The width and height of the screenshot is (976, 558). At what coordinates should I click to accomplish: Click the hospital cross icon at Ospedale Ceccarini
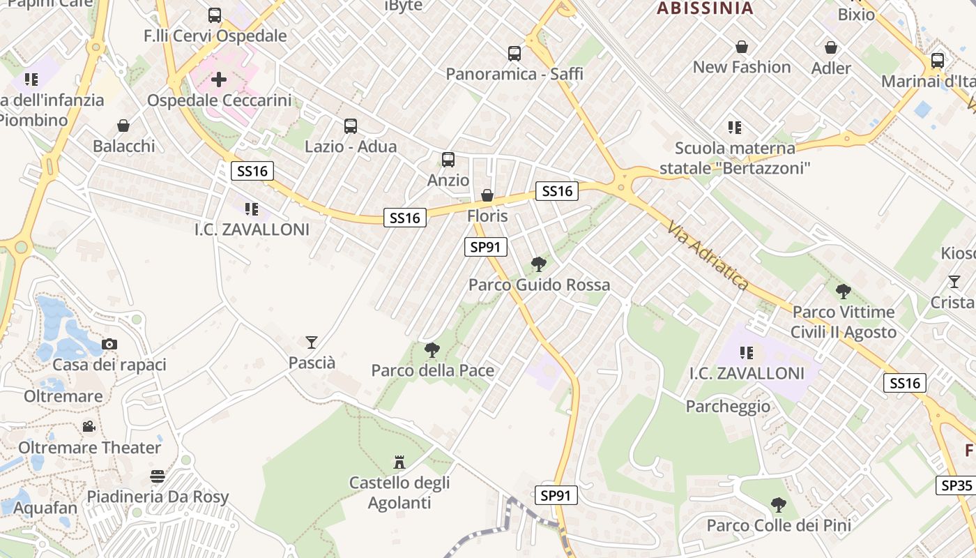(x=219, y=79)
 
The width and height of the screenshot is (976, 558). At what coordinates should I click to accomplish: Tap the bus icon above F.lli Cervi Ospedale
(x=215, y=15)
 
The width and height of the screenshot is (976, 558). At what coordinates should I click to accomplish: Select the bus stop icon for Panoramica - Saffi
(x=514, y=53)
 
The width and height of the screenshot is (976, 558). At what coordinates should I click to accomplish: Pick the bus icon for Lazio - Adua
(x=351, y=126)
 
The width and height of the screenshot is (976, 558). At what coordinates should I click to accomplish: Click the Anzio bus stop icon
(x=448, y=160)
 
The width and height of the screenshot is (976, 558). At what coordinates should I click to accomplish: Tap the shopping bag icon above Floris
(x=487, y=195)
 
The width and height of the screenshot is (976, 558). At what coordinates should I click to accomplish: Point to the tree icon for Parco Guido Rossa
(x=538, y=264)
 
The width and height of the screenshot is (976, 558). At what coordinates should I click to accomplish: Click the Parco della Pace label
(x=432, y=370)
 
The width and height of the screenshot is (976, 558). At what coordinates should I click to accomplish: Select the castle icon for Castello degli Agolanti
(x=399, y=462)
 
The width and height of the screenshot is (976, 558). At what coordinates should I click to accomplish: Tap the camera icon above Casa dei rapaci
(x=109, y=344)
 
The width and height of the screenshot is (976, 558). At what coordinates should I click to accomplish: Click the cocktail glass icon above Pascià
(x=312, y=342)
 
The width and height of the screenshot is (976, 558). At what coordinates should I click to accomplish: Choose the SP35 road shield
(x=956, y=485)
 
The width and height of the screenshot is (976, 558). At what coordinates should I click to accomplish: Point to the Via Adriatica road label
(x=708, y=256)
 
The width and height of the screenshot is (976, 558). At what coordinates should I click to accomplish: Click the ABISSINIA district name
(x=706, y=8)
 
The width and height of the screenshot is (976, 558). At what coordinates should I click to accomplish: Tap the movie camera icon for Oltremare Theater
(x=89, y=426)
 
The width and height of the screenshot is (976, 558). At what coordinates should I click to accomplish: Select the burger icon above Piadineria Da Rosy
(x=158, y=476)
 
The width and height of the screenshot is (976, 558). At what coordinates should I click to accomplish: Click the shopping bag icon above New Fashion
(x=742, y=47)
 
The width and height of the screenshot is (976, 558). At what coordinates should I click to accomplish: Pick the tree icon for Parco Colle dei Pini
(x=779, y=504)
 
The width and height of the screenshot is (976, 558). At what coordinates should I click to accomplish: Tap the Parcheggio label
(x=729, y=406)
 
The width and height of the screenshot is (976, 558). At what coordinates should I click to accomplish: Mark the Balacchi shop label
(x=124, y=146)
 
